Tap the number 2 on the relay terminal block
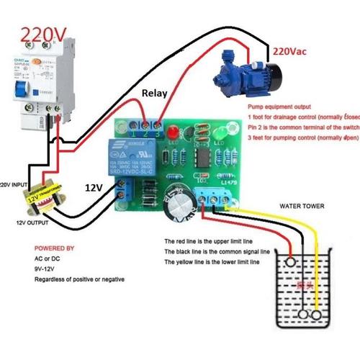[146, 132]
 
